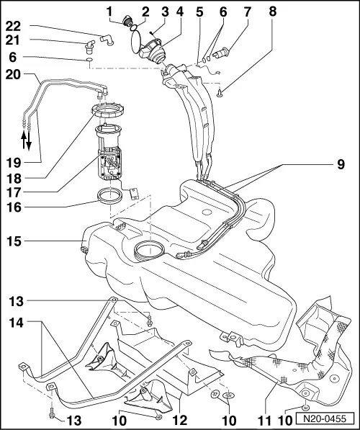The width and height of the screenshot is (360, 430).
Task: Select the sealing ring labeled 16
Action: tap(109, 195)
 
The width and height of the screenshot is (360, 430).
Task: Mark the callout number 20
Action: tap(12, 74)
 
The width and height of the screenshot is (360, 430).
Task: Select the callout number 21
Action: tap(12, 44)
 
